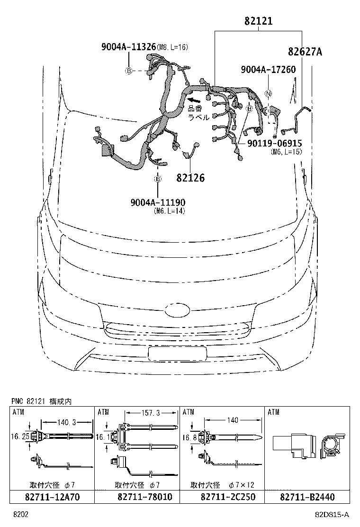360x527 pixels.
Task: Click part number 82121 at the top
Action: (x=259, y=21)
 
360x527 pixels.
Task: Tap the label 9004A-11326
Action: (x=128, y=46)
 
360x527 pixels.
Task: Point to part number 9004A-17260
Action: (x=268, y=70)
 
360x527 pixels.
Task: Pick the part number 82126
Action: (x=190, y=178)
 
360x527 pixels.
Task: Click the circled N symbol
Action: (x=268, y=94)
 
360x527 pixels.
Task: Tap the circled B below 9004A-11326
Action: (x=128, y=71)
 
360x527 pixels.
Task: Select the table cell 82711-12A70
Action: (x=52, y=497)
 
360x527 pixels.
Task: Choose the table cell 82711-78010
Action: (x=138, y=497)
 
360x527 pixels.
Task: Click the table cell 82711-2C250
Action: (x=222, y=497)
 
